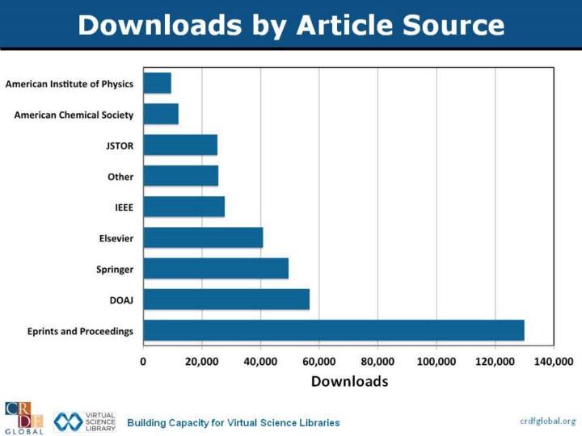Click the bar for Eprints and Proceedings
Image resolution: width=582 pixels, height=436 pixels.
click(x=334, y=330)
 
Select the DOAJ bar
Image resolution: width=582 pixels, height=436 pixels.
click(x=226, y=300)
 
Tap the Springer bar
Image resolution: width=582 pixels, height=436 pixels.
click(x=216, y=268)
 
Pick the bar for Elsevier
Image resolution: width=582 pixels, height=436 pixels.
click(x=203, y=237)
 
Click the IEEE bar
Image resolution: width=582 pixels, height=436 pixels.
click(x=184, y=207)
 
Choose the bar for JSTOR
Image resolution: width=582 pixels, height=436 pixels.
click(x=180, y=145)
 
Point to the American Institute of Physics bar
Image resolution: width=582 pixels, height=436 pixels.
click(x=157, y=83)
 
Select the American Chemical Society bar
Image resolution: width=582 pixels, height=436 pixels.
click(x=161, y=114)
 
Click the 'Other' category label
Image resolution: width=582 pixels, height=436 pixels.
click(x=120, y=177)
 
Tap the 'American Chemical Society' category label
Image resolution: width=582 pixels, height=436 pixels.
click(x=74, y=115)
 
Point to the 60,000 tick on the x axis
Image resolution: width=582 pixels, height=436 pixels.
click(x=319, y=361)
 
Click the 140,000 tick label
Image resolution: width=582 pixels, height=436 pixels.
click(x=554, y=361)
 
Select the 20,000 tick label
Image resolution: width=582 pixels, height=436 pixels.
click(x=202, y=361)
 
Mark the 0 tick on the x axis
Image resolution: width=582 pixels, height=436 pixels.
click(x=144, y=361)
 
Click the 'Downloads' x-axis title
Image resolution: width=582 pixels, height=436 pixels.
click(x=349, y=380)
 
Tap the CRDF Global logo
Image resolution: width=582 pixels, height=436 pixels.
click(x=23, y=417)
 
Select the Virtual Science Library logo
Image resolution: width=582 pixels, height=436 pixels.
click(x=85, y=421)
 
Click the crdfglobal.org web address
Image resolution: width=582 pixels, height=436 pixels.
click(x=547, y=421)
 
